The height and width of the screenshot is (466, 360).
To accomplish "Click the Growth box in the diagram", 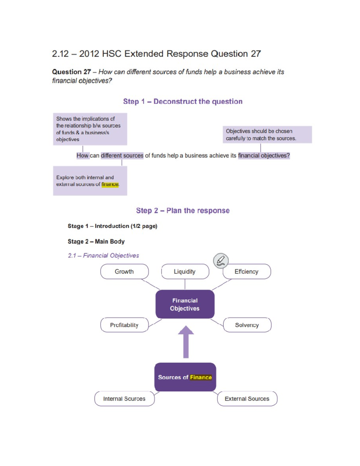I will [124, 272].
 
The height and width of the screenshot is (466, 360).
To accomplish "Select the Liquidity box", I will [185, 272].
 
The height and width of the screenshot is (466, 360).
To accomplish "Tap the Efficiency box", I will [247, 272].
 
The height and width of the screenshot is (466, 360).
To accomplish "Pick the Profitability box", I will [124, 325].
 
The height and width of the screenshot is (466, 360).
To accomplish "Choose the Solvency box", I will [247, 325].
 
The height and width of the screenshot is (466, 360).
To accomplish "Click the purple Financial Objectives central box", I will [185, 304].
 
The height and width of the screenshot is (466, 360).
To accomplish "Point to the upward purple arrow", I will [186, 342].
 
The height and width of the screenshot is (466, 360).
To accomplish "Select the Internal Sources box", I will [124, 399].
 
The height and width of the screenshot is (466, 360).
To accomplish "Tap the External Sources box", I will [247, 399].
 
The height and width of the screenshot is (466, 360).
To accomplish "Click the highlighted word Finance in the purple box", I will [201, 377].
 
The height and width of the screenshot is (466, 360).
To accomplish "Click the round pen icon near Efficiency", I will [221, 260].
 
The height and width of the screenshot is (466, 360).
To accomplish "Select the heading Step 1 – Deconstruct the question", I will [183, 101].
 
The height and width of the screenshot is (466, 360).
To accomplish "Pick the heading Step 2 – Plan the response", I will [183, 211].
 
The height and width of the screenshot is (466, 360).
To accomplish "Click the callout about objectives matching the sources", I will [267, 135].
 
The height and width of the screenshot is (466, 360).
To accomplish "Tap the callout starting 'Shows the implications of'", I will [90, 129].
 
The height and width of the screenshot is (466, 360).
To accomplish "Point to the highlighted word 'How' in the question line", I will [82, 155].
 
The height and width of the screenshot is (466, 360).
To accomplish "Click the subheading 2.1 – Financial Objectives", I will [103, 256].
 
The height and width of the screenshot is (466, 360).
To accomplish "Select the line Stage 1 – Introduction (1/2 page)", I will [112, 226].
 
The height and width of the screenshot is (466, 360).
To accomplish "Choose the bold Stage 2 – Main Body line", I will [96, 242].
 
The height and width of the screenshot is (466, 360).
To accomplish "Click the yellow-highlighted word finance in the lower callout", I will [110, 184].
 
